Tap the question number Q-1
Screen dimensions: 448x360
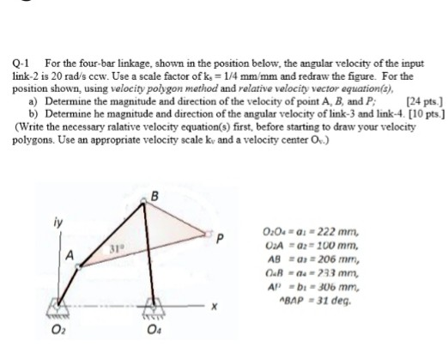coord(21,64)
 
